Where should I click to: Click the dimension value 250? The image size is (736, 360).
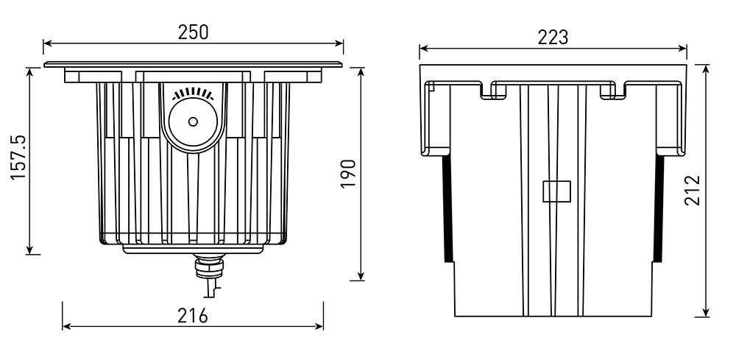click(x=193, y=32)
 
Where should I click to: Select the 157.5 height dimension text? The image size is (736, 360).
click(x=19, y=158)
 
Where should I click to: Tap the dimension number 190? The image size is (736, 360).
click(x=348, y=174)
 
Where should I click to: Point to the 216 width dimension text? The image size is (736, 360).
click(x=192, y=316)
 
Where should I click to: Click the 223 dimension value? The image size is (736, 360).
click(x=553, y=37)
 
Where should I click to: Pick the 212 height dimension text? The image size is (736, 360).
click(x=693, y=191)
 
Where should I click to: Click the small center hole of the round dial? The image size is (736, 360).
click(x=193, y=121)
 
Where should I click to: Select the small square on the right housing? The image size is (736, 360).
click(x=556, y=191)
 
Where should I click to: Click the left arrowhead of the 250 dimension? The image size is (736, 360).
click(x=47, y=43)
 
